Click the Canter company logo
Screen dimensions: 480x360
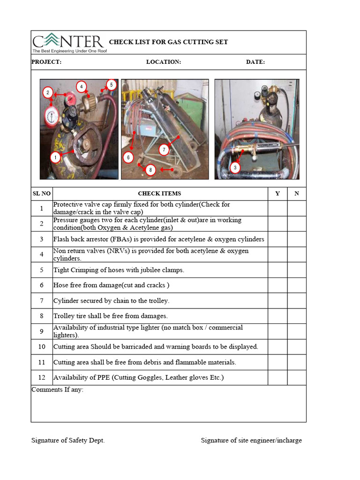pyautogui.click(x=69, y=43)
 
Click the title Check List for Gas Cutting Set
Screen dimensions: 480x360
pyautogui.click(x=168, y=42)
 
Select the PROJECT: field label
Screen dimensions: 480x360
pyautogui.click(x=46, y=62)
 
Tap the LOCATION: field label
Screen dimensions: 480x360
pyautogui.click(x=163, y=62)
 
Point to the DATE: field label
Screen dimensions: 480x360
pyautogui.click(x=255, y=62)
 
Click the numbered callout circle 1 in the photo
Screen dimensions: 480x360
pyautogui.click(x=55, y=157)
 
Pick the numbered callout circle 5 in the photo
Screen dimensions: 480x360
pyautogui.click(x=111, y=85)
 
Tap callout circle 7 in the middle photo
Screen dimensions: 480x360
pyautogui.click(x=164, y=150)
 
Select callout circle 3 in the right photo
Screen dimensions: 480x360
pyautogui.click(x=235, y=167)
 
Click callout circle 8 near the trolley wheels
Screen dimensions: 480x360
pyautogui.click(x=150, y=170)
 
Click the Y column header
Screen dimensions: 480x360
pyautogui.click(x=277, y=193)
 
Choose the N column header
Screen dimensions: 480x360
pyautogui.click(x=296, y=193)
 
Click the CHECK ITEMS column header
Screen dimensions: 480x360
pyautogui.click(x=159, y=193)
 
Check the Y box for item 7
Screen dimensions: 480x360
pyautogui.click(x=277, y=301)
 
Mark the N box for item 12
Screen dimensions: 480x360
pyautogui.click(x=296, y=377)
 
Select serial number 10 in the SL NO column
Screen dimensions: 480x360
pyautogui.click(x=42, y=347)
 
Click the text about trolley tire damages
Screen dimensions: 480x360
pyautogui.click(x=110, y=316)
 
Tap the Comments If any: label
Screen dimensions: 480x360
pyautogui.click(x=57, y=390)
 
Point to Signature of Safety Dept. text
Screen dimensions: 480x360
pyautogui.click(x=68, y=440)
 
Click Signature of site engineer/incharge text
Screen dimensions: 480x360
pyautogui.click(x=251, y=440)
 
